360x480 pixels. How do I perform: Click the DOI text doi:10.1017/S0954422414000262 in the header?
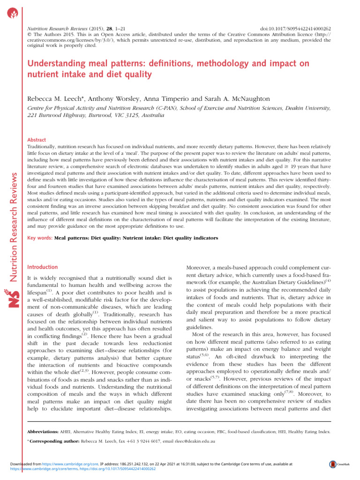pos(295,29)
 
